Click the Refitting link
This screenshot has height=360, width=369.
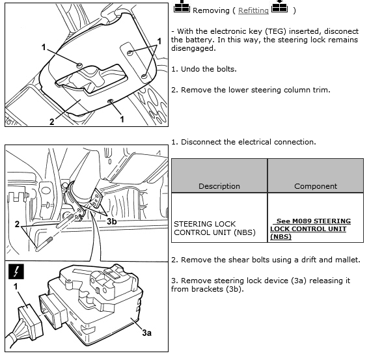tap(253, 10)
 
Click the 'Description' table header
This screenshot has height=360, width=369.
tap(219, 186)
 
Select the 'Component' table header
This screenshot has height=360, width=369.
tap(316, 186)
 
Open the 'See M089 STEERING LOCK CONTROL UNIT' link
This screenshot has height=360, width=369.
tap(310, 228)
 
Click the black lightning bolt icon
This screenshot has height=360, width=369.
tap(16, 271)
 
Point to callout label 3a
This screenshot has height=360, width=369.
tap(146, 333)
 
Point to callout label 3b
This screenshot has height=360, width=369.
tap(112, 221)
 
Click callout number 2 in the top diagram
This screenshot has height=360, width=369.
tap(52, 122)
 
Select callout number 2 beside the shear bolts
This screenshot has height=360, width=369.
tap(17, 224)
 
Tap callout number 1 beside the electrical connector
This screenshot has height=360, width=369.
tap(16, 286)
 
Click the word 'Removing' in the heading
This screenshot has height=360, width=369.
tap(211, 10)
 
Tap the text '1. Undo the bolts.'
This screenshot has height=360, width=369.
tap(204, 69)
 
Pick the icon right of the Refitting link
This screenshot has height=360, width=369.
tap(280, 6)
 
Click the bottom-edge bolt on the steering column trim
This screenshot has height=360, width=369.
tap(111, 102)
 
